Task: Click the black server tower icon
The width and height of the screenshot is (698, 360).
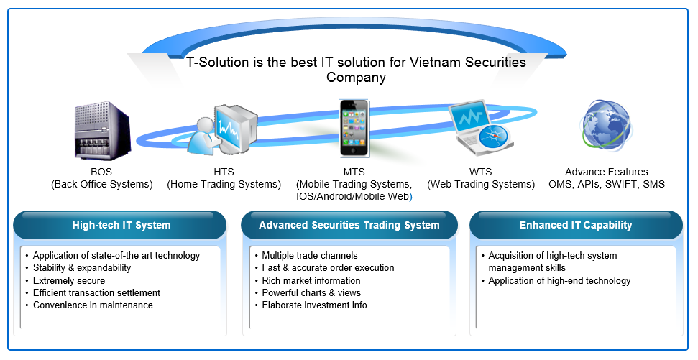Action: pos(102,131)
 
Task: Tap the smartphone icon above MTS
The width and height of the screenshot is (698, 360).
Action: pos(354,128)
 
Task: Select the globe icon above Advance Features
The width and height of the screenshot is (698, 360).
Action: pos(605,126)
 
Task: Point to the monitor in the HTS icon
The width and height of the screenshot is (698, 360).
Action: pos(236,128)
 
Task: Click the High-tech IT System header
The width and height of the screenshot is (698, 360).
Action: pos(121,225)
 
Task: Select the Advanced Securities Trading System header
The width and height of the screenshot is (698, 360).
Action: pos(349,225)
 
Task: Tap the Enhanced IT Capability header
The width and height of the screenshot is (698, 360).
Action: pos(576,225)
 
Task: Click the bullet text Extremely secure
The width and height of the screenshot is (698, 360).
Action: pos(69,281)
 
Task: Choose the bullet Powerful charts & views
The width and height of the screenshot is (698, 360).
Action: pos(311,292)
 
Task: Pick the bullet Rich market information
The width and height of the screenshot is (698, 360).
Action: pos(311,281)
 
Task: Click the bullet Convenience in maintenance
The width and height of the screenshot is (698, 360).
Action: pos(93,305)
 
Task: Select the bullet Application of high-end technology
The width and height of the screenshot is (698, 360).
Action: pos(559,281)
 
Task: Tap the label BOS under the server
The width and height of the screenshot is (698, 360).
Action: pos(101,172)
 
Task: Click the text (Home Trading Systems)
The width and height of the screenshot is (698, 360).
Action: pos(224,184)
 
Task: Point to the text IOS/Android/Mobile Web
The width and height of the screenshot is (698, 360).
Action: pos(352,197)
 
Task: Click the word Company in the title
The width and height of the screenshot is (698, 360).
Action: pos(356,78)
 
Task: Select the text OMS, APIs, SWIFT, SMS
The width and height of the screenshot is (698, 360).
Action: pos(606,184)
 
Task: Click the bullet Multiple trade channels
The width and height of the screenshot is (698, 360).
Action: pos(310,256)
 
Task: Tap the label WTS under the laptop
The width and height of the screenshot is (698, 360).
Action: pos(481,172)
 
